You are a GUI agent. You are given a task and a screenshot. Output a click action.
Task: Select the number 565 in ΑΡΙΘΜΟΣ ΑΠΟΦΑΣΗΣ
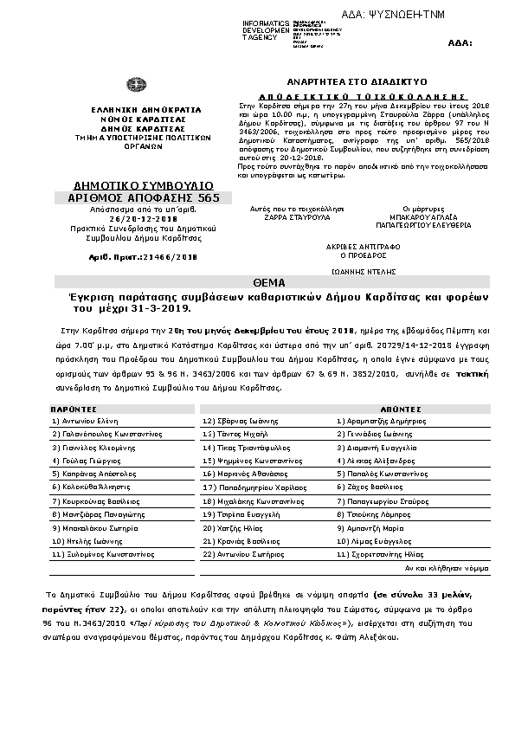208,198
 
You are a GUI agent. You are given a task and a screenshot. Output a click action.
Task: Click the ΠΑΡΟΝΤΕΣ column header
73,406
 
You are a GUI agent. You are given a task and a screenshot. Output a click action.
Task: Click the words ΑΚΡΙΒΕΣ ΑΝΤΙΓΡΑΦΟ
359,246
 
